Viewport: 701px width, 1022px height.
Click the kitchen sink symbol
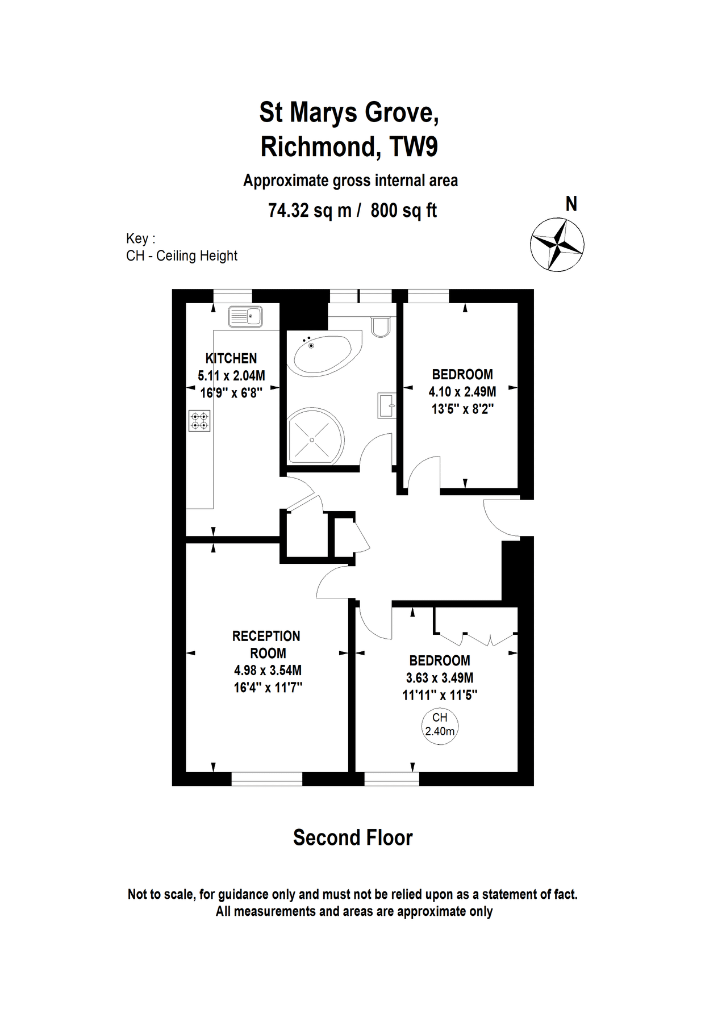[245, 317]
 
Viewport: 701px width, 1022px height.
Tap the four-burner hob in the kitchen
[199, 421]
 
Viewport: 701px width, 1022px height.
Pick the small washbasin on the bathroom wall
[386, 405]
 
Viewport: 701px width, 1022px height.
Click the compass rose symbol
[557, 245]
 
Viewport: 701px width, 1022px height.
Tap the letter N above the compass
[571, 204]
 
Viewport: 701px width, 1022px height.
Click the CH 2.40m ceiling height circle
[440, 725]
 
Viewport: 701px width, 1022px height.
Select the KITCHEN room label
[231, 358]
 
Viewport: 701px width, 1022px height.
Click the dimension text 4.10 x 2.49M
[462, 392]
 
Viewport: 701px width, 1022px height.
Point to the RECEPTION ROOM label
[266, 644]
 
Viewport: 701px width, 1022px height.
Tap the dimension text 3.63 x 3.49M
[440, 678]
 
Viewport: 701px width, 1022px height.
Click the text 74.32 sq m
[310, 211]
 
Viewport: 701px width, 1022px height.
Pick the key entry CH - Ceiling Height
[182, 256]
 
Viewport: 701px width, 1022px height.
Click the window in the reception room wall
[266, 778]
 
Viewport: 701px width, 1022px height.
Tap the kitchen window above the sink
[232, 296]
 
